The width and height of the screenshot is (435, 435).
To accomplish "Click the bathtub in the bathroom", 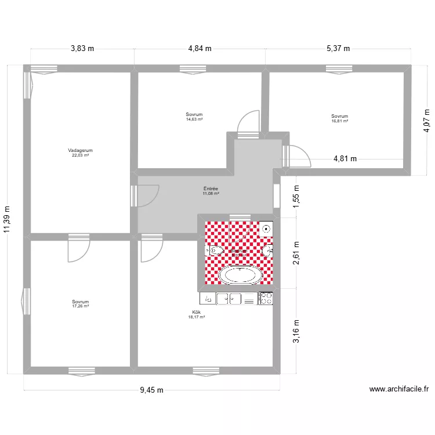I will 240,275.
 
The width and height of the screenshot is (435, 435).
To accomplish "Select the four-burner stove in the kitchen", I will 266,298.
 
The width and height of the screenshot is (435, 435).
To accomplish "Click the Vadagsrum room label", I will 80,150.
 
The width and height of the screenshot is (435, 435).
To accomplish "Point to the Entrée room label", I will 211,188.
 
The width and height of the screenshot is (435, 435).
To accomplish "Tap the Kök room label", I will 196,311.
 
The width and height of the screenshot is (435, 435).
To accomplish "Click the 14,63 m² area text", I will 194,119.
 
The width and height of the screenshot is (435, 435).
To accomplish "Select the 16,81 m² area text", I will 339,121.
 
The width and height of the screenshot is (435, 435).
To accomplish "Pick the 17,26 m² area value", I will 80,306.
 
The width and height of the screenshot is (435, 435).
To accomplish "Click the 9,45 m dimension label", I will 152,390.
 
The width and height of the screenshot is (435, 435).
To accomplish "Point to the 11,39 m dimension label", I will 7,221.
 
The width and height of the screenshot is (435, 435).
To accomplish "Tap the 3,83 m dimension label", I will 82,49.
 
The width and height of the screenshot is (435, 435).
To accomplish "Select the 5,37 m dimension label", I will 338,49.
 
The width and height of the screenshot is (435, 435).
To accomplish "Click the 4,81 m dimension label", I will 345,158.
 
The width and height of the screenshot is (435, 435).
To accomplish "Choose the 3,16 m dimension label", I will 296,331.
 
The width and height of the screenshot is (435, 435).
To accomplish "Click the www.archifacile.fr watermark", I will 398,390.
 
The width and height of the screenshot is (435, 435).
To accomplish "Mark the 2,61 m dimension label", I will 296,253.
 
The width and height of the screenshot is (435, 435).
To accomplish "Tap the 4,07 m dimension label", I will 426,121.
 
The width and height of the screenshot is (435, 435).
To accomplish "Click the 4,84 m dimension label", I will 200,49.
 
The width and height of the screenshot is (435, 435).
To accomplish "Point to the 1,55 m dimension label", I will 296,196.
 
